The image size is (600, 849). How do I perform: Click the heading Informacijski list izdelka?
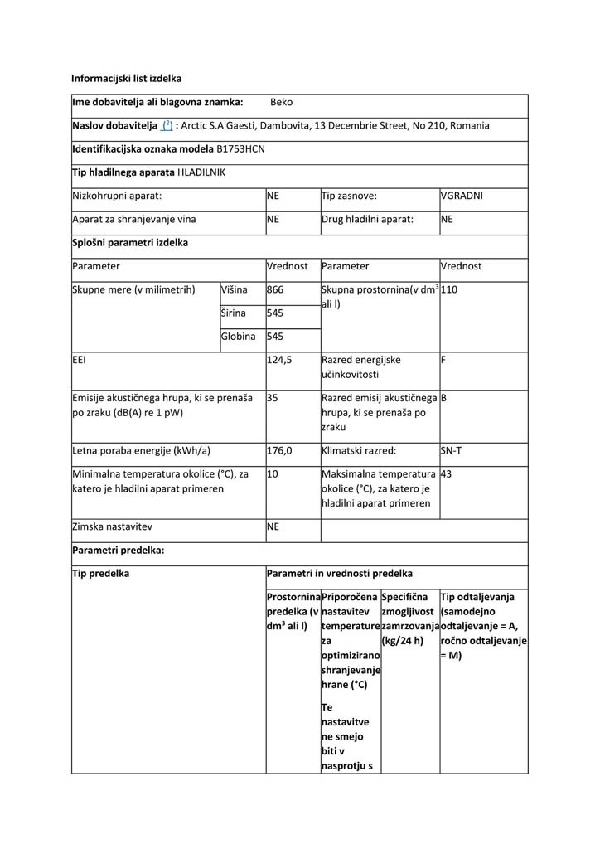(x=126, y=79)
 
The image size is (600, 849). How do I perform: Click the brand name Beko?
(x=281, y=103)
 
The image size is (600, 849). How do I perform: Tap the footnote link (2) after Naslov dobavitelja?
(x=167, y=126)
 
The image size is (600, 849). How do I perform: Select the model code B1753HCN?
(x=241, y=149)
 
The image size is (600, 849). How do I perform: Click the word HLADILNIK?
(x=201, y=172)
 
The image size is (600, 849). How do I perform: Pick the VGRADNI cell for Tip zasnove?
(x=462, y=196)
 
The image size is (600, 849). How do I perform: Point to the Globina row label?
(x=238, y=337)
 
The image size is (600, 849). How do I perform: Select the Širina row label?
(x=235, y=313)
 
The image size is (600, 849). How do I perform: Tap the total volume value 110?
(x=449, y=290)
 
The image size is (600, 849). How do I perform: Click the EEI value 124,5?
(x=280, y=361)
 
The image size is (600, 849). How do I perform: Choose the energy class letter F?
(x=443, y=361)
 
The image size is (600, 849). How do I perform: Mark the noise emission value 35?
(x=273, y=398)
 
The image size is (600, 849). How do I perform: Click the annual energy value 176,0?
(x=279, y=451)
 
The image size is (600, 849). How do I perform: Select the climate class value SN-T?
(x=452, y=451)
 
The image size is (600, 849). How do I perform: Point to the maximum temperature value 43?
(x=447, y=474)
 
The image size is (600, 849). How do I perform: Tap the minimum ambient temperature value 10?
(x=273, y=474)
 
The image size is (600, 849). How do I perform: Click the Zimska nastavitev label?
(x=112, y=526)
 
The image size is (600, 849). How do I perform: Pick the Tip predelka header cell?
(x=101, y=574)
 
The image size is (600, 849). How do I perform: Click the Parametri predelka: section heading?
(x=119, y=550)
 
